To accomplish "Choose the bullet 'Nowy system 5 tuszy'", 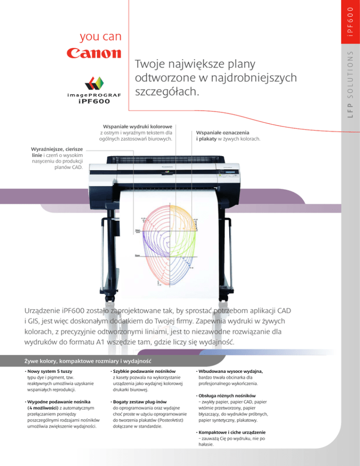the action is click(52, 371).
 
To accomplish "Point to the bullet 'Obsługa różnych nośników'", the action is click(227, 396).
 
